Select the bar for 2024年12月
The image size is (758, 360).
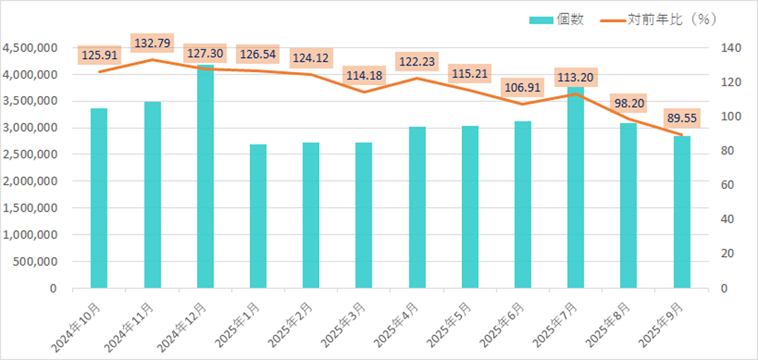pos(205,177)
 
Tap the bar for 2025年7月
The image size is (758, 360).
pos(575,189)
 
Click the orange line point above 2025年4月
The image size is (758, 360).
pos(417,78)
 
